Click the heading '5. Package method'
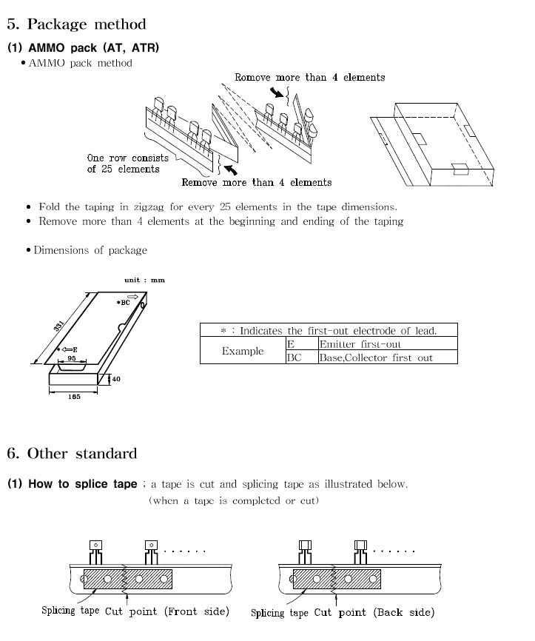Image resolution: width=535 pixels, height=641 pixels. click(76, 24)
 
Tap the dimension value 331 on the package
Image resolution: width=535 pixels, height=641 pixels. click(59, 326)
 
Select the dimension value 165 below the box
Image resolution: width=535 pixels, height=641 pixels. click(74, 397)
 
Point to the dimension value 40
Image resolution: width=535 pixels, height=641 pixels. click(116, 379)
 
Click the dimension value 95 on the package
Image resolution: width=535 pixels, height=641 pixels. click(72, 358)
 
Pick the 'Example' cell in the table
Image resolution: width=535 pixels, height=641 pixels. click(243, 351)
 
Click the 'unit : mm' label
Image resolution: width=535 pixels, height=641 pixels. click(145, 280)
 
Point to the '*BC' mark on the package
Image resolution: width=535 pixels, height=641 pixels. click(123, 303)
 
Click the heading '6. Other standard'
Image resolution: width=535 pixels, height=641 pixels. click(72, 453)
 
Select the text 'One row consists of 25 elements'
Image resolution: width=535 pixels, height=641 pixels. click(127, 164)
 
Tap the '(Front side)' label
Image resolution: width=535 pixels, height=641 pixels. click(197, 611)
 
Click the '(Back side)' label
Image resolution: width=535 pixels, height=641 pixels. click(404, 612)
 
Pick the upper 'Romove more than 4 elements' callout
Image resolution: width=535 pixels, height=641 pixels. click(310, 77)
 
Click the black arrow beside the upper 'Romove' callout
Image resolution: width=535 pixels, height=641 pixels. click(277, 93)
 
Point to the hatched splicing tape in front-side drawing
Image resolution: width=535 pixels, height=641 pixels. click(128, 579)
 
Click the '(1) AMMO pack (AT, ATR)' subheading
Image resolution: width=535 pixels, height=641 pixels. click(84, 48)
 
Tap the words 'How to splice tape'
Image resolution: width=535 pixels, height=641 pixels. click(83, 484)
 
